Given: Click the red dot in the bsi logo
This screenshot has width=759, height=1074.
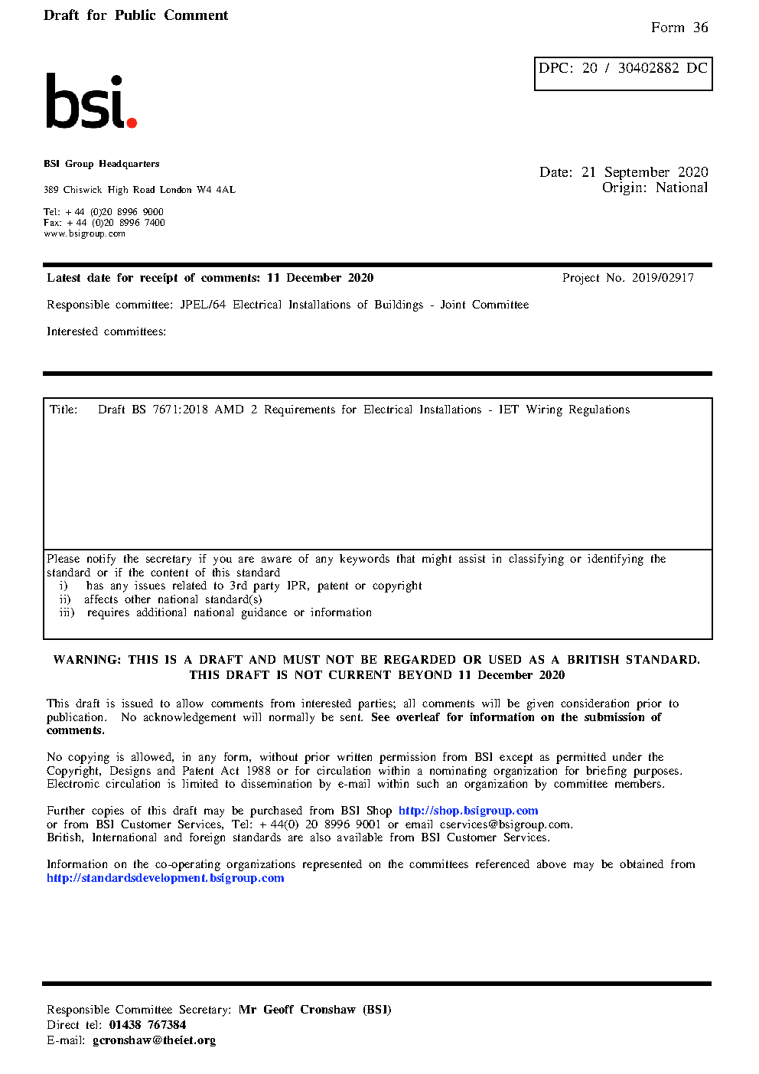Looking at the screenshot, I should (x=132, y=122).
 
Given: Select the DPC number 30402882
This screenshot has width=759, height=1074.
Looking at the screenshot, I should (x=648, y=68).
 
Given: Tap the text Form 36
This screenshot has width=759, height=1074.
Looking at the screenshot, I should (x=679, y=28).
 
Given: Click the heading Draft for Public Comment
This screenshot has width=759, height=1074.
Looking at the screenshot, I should (x=135, y=15).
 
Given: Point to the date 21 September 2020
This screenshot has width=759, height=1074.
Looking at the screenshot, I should (x=644, y=172).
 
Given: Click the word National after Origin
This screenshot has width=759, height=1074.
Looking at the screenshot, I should (x=681, y=188).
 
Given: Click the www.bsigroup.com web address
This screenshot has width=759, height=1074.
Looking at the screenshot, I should (x=84, y=233).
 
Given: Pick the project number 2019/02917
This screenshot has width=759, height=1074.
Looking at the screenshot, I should (x=663, y=278).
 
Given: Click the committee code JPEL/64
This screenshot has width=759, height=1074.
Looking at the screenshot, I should (x=203, y=305).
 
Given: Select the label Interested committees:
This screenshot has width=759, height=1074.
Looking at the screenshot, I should (x=106, y=331).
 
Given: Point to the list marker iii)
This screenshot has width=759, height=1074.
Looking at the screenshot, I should (x=67, y=612).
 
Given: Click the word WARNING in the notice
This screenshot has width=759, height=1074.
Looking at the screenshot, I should (x=86, y=660).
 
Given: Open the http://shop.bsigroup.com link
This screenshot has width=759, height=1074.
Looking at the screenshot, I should (x=467, y=811).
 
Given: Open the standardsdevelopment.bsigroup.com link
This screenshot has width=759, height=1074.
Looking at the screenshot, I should (x=165, y=878).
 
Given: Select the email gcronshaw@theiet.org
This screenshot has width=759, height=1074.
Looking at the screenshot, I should (x=154, y=1040).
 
